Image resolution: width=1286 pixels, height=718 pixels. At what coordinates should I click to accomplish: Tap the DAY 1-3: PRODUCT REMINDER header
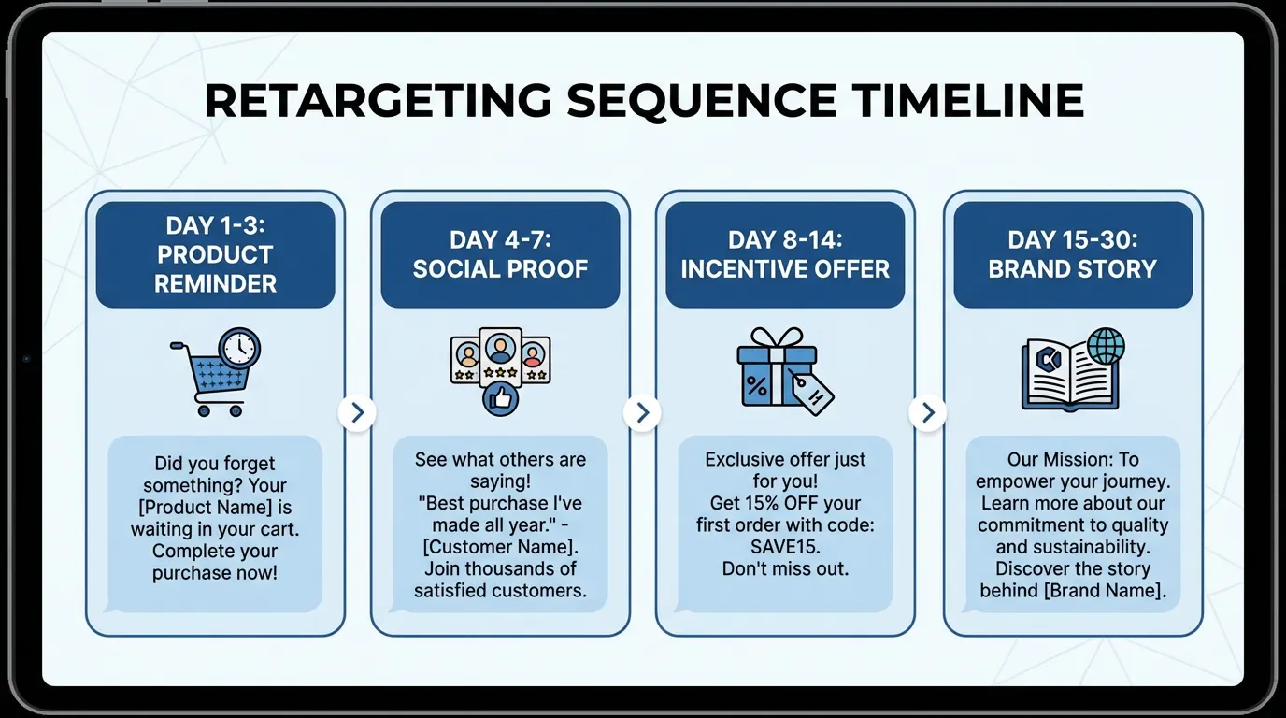[215, 254]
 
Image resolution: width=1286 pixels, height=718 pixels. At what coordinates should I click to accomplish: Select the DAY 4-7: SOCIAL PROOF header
[500, 254]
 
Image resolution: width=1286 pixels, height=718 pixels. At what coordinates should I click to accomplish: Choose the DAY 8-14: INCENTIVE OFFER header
[785, 254]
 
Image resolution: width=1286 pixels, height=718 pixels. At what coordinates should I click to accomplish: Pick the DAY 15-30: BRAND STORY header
[1072, 254]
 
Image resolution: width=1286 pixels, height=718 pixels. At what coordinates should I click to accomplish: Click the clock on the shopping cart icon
[239, 348]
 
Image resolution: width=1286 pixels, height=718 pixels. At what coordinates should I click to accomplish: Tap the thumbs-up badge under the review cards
[500, 399]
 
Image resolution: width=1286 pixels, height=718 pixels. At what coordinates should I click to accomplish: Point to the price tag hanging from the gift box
[811, 392]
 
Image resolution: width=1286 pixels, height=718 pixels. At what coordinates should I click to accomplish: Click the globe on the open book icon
[1106, 347]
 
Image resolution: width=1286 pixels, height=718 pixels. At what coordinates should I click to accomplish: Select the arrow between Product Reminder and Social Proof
[357, 412]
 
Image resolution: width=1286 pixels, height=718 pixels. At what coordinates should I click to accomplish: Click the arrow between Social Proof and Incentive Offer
[642, 412]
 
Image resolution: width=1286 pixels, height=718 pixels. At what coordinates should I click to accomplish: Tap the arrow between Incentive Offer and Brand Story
[927, 412]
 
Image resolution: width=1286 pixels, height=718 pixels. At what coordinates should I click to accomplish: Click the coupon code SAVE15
[785, 547]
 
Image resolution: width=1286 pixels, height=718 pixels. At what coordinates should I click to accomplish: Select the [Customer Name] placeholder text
[500, 547]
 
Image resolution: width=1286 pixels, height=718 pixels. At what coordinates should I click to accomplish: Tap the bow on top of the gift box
[778, 338]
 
